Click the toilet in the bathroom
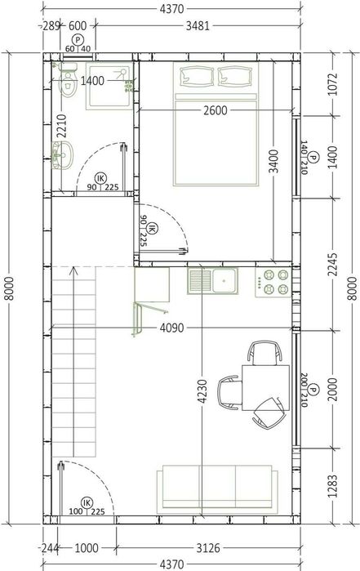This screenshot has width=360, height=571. coord(68,81)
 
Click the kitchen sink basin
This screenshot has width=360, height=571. coord(224,280)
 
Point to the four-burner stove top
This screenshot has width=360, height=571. coord(273,282)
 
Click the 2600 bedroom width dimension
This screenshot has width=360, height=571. coord(216,110)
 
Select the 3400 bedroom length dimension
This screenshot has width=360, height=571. coord(273,161)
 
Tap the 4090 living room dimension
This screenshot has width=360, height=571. coord(171,328)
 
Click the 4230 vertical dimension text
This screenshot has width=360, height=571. coord(202,391)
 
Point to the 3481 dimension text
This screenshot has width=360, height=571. coord(198,26)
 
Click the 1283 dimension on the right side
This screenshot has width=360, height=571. coord(332,486)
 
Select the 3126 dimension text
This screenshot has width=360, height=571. coord(208,547)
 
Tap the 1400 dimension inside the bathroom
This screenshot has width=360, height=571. coord(92,81)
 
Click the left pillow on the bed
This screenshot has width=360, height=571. coord(197,77)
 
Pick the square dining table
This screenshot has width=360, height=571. coord(266,388)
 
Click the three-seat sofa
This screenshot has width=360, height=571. coord(217,489)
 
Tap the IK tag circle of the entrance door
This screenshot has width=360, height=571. coord(87,502)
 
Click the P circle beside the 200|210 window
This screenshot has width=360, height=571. coord(313,390)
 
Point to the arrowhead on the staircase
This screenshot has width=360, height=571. coord(74,270)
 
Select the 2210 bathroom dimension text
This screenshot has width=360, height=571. coord(62,126)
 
